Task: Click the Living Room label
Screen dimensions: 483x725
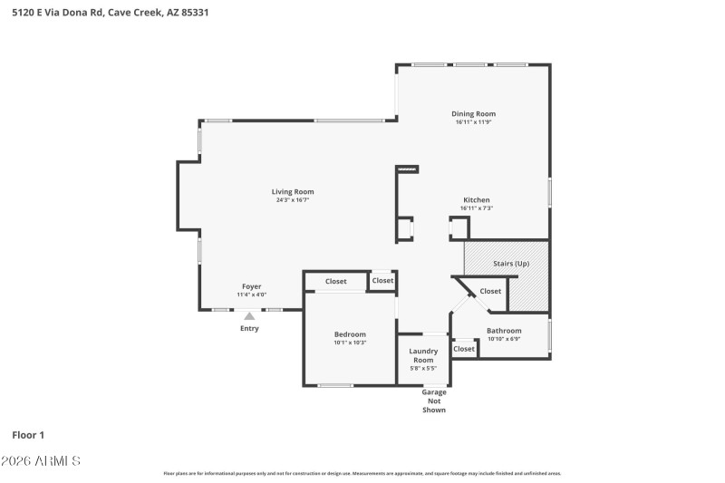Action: [x=293, y=191]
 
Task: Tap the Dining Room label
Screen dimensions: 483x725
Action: [x=474, y=113]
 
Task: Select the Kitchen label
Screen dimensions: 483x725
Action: [x=477, y=199]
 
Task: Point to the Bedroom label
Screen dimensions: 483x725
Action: [x=350, y=334]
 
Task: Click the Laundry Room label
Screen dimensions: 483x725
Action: [x=423, y=355]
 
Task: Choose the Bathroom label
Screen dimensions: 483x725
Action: [x=504, y=331]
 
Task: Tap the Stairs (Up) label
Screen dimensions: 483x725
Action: [x=510, y=264]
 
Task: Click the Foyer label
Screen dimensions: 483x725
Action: [x=251, y=286]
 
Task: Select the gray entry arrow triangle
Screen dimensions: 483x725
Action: [x=249, y=315]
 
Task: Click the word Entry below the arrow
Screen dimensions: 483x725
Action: [x=249, y=328]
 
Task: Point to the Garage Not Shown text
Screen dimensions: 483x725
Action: [x=435, y=401]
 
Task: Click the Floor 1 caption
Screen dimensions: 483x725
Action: [x=28, y=435]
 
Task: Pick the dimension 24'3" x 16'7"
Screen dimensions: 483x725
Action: [x=293, y=200]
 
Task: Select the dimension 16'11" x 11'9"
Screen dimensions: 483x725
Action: [x=474, y=122]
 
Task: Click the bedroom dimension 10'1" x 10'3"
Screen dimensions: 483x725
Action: [x=350, y=343]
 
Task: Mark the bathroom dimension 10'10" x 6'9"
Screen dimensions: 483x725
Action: [x=504, y=339]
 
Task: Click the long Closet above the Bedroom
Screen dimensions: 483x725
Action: [x=336, y=281]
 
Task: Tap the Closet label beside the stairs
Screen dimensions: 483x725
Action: [x=490, y=291]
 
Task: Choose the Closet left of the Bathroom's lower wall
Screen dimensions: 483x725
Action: [x=464, y=348]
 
